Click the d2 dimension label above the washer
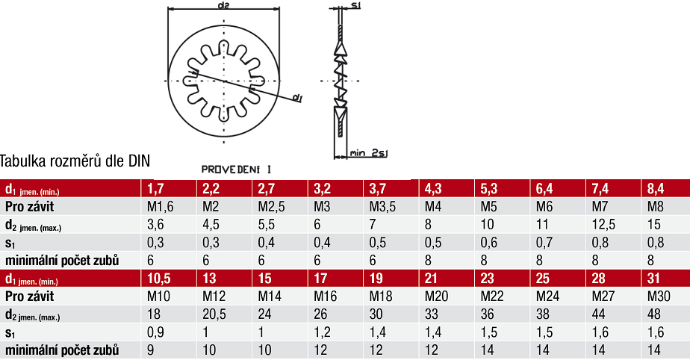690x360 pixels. coord(223,4)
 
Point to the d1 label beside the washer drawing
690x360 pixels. coord(297,98)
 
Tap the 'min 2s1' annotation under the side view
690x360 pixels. coord(369,153)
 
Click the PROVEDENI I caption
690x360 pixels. coord(236,170)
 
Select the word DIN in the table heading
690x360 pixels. coord(139,161)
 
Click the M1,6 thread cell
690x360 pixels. coord(160,206)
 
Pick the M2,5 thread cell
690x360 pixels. coord(271,206)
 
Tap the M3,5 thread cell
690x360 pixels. coord(382,206)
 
